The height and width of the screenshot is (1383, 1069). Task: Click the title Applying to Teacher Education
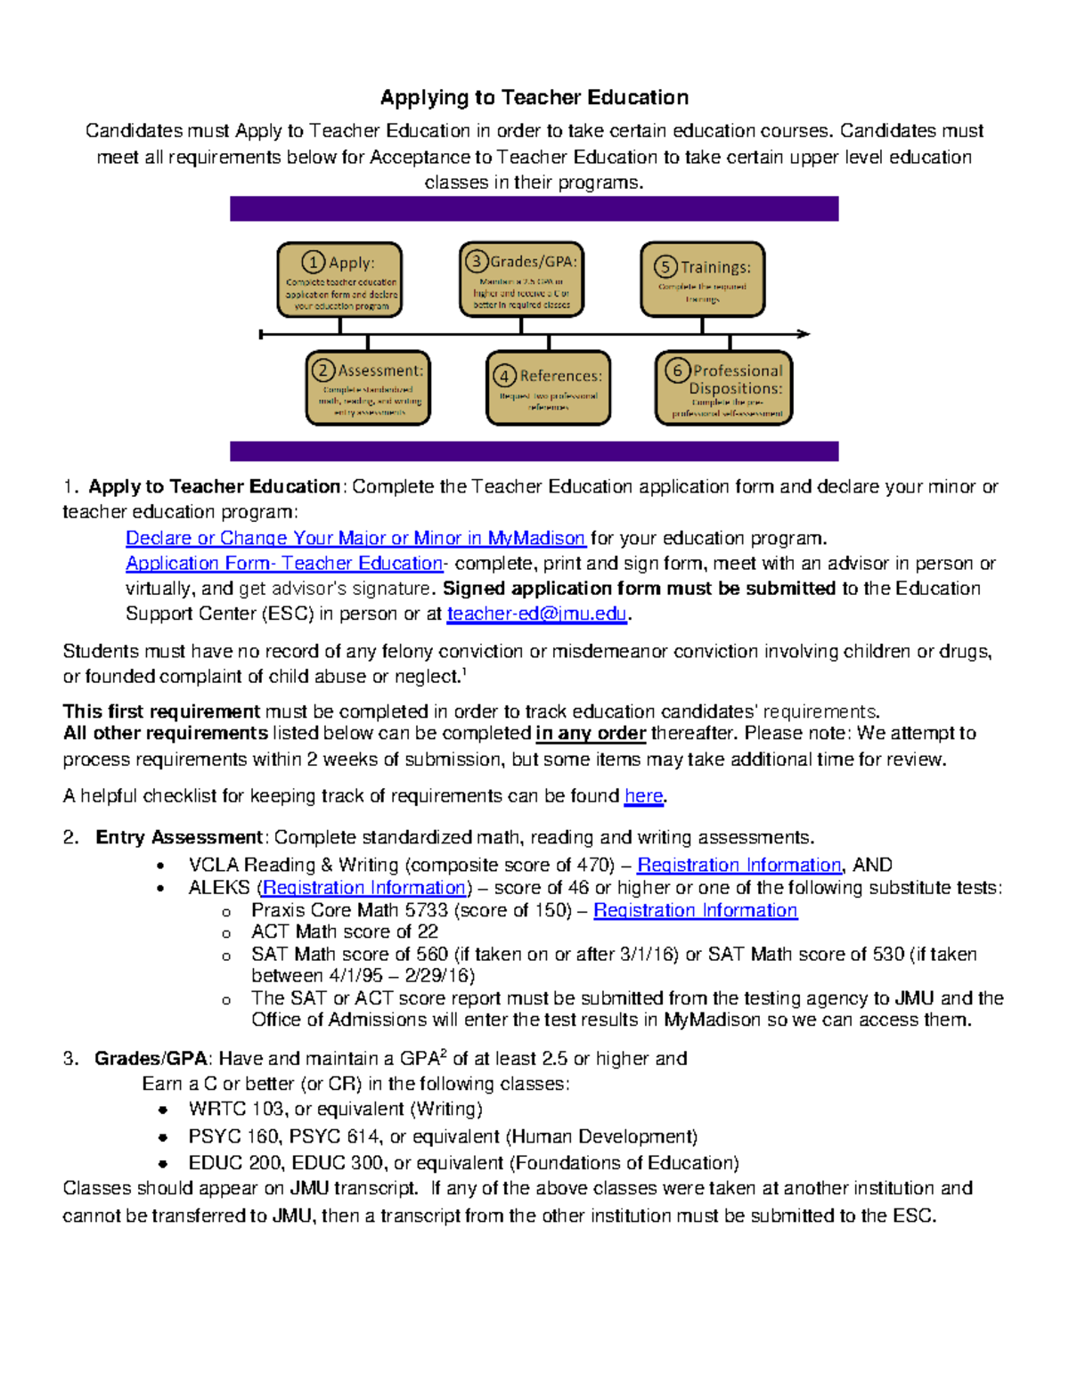(534, 97)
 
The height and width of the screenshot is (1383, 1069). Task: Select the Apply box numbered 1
(339, 280)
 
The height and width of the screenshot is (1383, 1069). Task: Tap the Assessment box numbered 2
(368, 388)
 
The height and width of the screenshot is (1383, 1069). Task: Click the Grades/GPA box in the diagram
(521, 279)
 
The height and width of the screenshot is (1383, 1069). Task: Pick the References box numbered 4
(548, 388)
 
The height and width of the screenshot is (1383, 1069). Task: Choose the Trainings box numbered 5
(702, 280)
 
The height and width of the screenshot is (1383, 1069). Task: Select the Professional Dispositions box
(723, 388)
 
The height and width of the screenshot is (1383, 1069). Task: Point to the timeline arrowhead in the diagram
(804, 334)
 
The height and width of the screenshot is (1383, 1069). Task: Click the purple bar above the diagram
(534, 208)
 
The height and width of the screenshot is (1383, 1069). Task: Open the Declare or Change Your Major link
(355, 538)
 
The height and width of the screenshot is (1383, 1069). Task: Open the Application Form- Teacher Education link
(283, 563)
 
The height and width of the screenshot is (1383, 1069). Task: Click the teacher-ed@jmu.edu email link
(537, 614)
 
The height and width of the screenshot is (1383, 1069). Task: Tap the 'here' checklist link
(643, 796)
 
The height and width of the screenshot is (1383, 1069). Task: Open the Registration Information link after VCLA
(739, 865)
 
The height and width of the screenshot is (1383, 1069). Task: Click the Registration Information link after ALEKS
(364, 888)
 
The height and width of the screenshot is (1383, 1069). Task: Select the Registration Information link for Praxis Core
(695, 910)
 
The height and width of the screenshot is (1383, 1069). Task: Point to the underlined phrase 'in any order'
(590, 733)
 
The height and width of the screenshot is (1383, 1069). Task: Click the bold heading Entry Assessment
(178, 837)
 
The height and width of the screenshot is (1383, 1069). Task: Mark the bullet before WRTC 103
(162, 1110)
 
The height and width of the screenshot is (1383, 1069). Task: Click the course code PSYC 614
(335, 1136)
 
